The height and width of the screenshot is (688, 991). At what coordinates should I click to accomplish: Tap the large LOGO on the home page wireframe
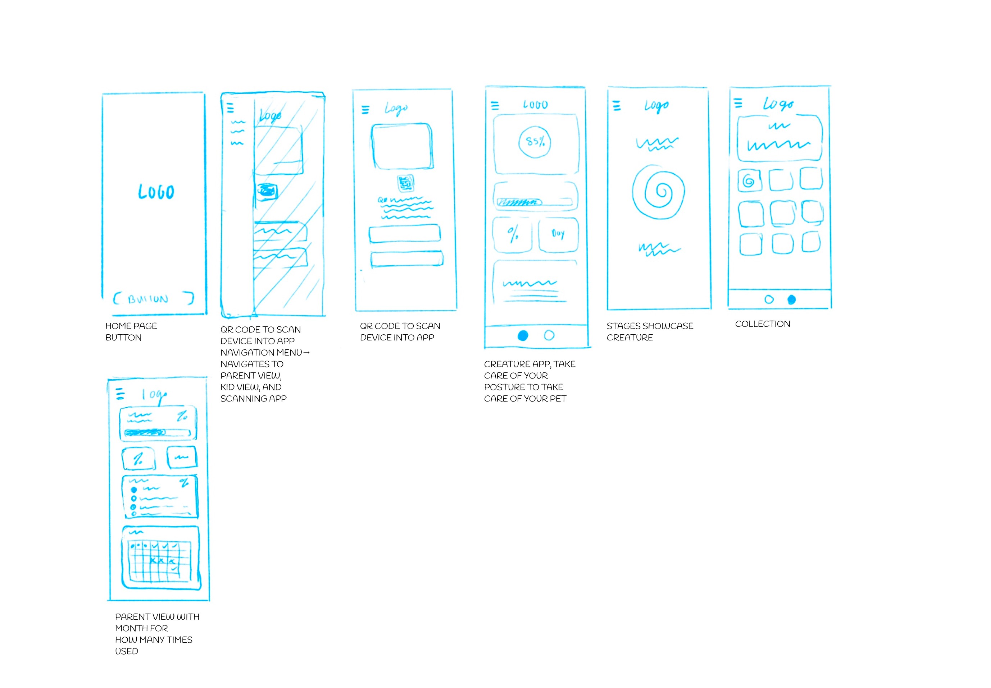156,192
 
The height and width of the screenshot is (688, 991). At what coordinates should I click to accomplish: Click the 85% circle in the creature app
535,141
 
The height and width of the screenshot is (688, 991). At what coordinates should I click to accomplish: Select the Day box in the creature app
558,234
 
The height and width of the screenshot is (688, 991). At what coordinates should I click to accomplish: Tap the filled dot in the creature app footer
522,335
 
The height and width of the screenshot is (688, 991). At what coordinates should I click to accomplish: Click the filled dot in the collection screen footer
791,299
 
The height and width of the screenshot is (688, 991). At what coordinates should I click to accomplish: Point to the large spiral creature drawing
658,192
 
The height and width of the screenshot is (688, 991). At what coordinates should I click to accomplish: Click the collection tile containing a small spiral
749,180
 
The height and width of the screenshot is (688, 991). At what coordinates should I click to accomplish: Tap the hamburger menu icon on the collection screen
738,103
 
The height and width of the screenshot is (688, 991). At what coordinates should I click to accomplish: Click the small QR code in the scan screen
405,183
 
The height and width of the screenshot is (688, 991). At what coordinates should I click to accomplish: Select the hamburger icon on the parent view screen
120,394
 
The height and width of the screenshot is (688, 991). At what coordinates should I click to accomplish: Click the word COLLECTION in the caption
762,324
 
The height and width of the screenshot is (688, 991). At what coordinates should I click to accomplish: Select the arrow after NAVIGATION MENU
306,353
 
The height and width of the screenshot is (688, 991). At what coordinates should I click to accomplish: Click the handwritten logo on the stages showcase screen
656,106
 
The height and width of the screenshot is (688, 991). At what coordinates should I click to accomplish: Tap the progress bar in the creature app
534,202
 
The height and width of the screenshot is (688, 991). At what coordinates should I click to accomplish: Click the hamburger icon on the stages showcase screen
617,106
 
